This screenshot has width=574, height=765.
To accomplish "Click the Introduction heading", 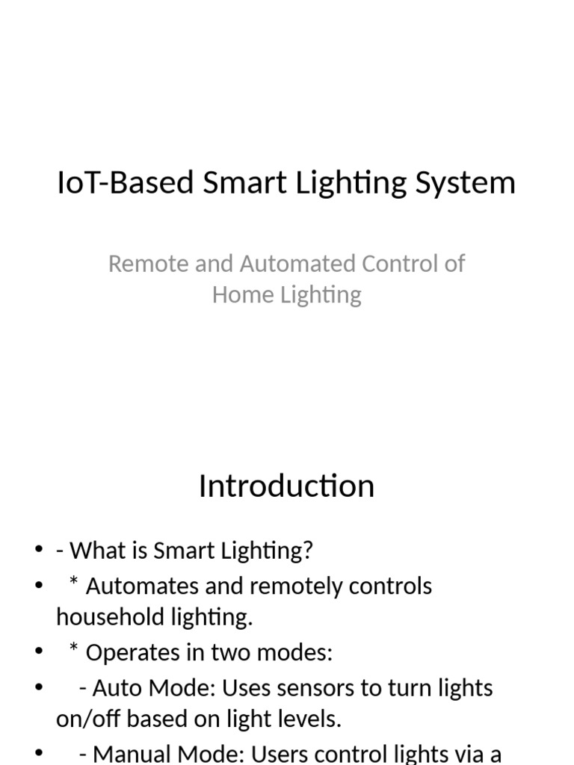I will (286, 486).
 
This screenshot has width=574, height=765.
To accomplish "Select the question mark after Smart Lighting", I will (308, 551).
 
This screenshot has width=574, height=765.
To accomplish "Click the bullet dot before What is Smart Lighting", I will (39, 551).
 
